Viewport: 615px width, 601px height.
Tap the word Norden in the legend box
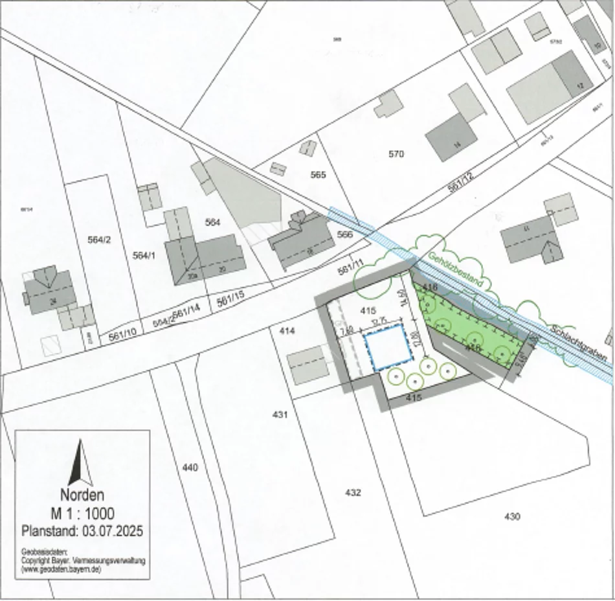(x=82, y=496)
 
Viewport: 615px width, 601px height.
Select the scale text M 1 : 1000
(x=82, y=514)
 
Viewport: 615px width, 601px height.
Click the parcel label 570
(x=396, y=154)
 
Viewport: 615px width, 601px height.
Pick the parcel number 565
(x=318, y=175)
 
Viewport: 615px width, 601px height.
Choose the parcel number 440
(x=190, y=467)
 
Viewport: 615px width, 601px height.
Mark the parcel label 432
(x=353, y=493)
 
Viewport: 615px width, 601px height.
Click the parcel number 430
(x=511, y=516)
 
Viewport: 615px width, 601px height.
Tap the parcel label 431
(x=280, y=414)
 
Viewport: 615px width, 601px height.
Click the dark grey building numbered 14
(x=451, y=137)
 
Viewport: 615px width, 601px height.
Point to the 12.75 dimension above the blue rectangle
(x=379, y=322)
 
